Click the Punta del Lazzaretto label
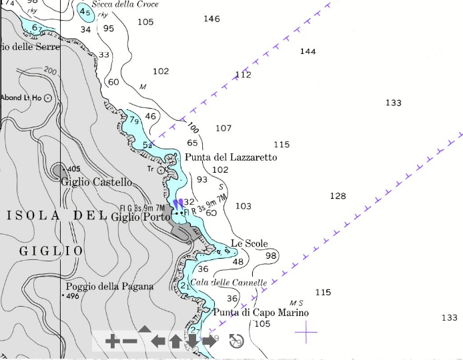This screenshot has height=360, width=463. (230, 157)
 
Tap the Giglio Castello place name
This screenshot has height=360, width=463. (97, 181)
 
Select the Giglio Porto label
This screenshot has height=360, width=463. (140, 217)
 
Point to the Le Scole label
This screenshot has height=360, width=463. (249, 243)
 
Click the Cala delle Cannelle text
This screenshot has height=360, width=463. (228, 283)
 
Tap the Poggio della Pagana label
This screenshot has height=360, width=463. (109, 286)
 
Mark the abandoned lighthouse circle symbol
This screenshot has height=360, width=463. (47, 98)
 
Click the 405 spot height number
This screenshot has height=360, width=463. (73, 169)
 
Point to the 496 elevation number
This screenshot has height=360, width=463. (73, 296)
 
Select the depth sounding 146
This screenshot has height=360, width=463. (211, 19)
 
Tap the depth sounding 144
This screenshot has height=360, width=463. (308, 51)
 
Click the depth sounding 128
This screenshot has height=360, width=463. (338, 195)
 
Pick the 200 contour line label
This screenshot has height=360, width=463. (49, 70)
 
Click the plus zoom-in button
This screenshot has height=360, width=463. (112, 342)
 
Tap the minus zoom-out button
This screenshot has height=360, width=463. (129, 342)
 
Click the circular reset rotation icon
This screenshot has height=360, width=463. (236, 341)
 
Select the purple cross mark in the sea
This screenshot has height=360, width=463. (306, 330)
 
